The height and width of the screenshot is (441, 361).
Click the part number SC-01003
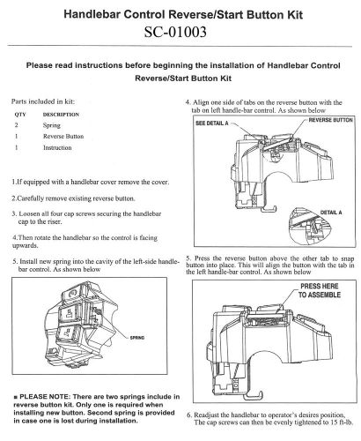175,32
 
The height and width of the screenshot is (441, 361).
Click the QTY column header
20,115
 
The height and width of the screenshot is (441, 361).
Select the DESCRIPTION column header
61,115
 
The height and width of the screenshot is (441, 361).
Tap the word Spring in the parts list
52,125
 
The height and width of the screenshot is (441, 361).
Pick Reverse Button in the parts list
63,137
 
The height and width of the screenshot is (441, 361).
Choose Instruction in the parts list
57,147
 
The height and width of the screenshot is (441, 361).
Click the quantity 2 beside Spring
16,125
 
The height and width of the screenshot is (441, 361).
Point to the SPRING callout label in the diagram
137,338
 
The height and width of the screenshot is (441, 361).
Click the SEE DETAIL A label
212,123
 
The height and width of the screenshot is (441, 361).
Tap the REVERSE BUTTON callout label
331,120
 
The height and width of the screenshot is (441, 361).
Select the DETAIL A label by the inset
331,213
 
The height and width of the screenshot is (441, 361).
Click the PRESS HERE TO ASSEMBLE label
320,290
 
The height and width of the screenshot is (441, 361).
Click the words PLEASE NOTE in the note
45,397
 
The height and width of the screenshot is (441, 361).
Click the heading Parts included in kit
43,101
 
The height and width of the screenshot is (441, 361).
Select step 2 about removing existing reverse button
73,198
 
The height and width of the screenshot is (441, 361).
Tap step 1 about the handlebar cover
91,182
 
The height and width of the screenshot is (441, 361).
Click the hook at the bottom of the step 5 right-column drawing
253,396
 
